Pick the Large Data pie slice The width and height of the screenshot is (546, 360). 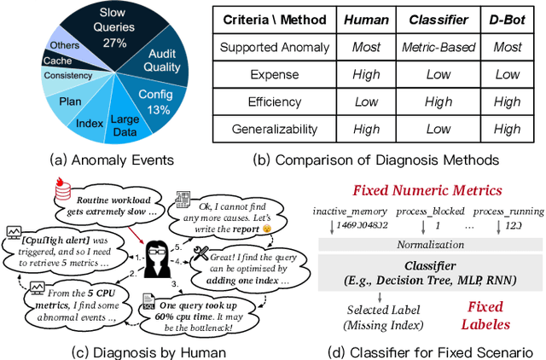point(125,125)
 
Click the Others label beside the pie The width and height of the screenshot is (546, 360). point(60,45)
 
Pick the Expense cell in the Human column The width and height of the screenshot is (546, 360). point(367,73)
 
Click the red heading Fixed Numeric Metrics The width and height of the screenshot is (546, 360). point(428,190)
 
